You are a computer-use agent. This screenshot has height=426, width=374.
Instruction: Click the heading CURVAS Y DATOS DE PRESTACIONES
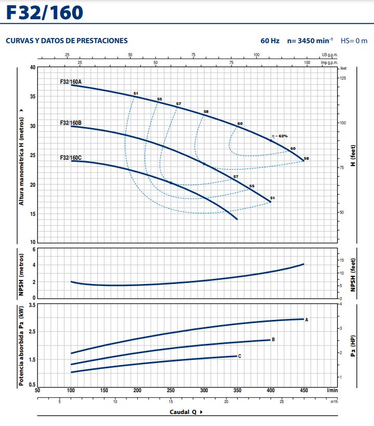tap(66, 41)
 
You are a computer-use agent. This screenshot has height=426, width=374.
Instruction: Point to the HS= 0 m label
tap(354, 41)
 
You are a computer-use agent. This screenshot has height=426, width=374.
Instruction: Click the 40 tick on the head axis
tap(32, 68)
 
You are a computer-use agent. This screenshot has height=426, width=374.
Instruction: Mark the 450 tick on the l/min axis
tap(304, 390)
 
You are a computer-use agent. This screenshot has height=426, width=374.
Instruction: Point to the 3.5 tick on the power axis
tap(32, 304)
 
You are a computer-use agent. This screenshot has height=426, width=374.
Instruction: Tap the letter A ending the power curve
tap(307, 319)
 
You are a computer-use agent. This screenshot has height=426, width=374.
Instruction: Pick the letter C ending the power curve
tap(240, 356)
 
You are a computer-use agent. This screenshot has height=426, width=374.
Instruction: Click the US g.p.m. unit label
tap(329, 55)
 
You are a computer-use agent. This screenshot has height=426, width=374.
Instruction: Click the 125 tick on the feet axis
tap(343, 78)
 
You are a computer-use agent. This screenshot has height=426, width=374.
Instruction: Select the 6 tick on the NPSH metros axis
tap(34, 250)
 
